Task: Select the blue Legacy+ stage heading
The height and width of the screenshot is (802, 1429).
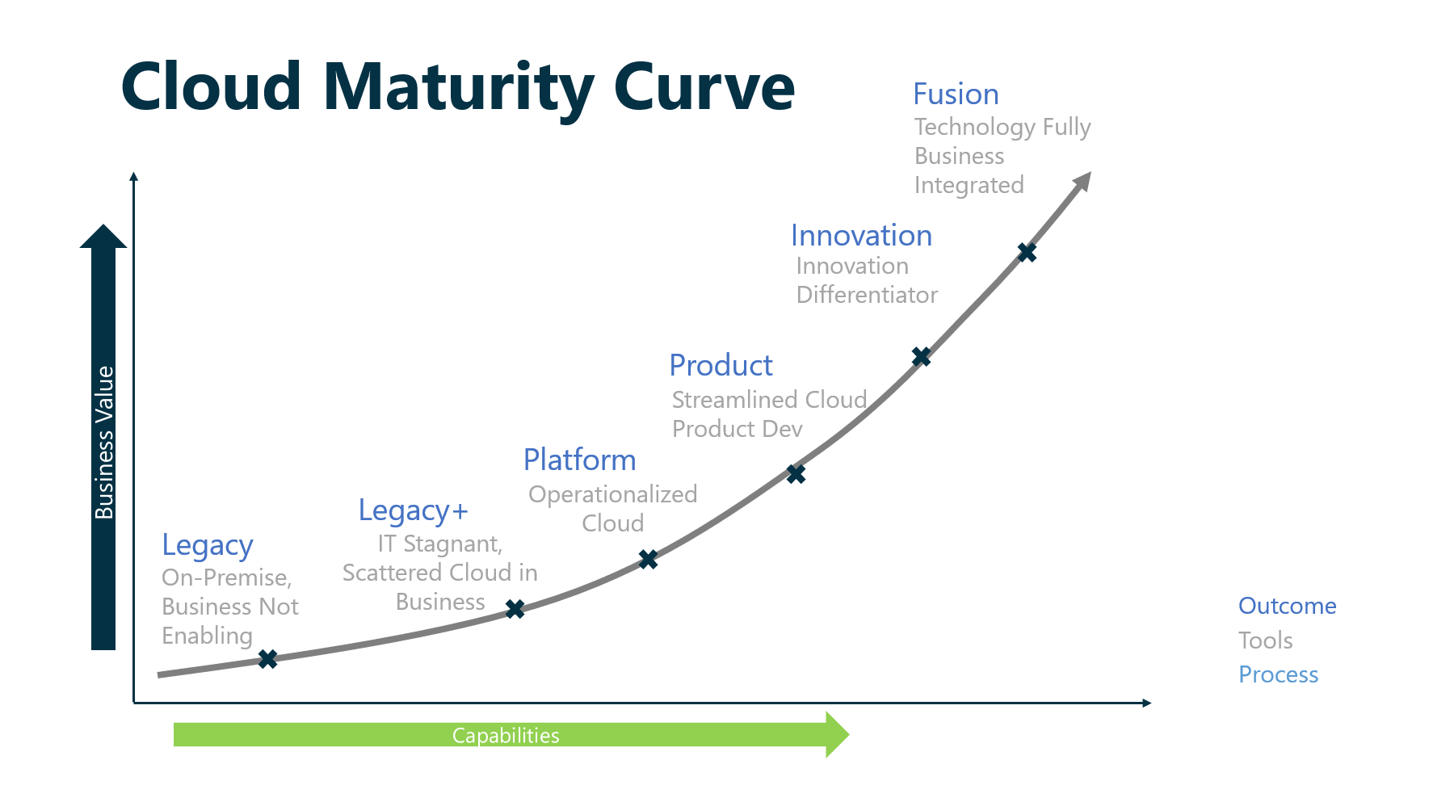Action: point(413,511)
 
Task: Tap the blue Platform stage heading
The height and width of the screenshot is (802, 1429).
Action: point(579,460)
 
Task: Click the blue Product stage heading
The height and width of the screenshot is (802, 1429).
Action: point(721,365)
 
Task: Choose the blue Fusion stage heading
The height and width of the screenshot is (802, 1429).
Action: point(956,94)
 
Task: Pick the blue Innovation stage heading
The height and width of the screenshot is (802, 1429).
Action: point(861,235)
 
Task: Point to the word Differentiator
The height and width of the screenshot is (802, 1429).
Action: point(867,295)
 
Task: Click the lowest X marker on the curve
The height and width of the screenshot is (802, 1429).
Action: point(267,659)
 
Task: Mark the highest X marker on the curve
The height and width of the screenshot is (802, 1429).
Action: point(1027,253)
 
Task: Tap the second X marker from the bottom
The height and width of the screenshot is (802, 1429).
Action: point(515,609)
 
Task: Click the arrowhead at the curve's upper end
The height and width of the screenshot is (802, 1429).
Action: point(1082,182)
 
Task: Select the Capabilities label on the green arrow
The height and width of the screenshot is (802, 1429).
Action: point(506,735)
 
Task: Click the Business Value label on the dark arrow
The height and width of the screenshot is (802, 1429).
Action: point(104,443)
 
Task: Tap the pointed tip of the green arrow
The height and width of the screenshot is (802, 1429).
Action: point(849,734)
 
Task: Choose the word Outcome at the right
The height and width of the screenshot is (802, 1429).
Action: point(1287,606)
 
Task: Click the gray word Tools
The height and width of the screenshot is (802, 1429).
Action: point(1265,640)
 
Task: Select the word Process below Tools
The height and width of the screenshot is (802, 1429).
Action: point(1278,674)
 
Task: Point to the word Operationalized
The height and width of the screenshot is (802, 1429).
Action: point(612,494)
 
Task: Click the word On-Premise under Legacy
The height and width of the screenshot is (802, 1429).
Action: point(226,577)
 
